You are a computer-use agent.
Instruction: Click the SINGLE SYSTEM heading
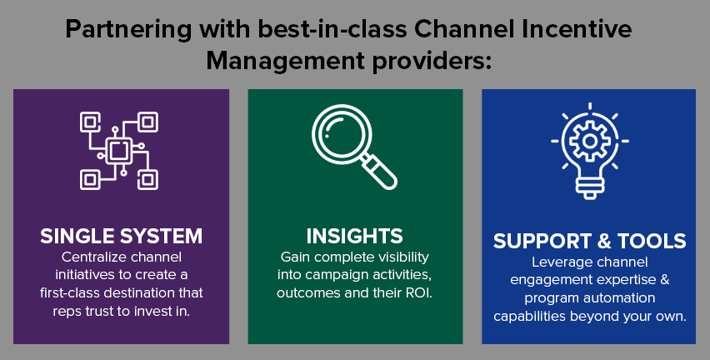(x=121, y=236)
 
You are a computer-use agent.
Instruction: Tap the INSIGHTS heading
(x=354, y=236)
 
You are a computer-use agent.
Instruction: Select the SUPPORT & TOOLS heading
(x=589, y=241)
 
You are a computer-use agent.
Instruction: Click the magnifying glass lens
(x=342, y=134)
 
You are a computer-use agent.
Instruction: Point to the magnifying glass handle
(x=379, y=172)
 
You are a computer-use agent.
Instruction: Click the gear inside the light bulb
(x=589, y=142)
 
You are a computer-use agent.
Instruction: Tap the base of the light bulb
(x=589, y=188)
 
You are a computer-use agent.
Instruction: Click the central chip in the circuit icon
(x=119, y=151)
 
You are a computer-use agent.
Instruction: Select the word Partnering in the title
(x=128, y=30)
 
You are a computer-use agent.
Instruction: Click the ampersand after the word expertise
(x=664, y=280)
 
